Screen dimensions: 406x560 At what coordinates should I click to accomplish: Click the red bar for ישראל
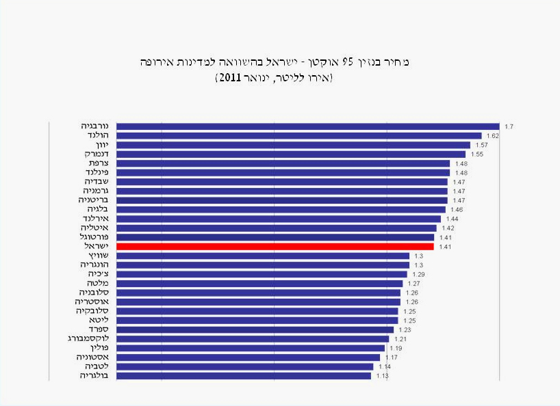click(275, 246)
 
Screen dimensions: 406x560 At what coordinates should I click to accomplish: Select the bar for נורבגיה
click(307, 126)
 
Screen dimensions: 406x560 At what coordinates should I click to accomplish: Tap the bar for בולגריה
click(244, 375)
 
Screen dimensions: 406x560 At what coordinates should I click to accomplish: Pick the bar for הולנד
click(298, 135)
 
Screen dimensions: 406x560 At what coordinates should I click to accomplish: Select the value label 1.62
click(492, 136)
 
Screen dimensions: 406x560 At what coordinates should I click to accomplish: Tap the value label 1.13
click(382, 376)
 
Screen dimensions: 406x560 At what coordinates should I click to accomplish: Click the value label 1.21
click(400, 339)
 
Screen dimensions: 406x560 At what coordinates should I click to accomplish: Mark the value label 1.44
click(452, 219)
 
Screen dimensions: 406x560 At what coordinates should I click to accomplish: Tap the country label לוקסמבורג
click(83, 338)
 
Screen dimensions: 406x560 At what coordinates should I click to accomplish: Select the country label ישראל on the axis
click(89, 245)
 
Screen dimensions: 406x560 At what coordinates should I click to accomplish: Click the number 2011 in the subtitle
click(229, 79)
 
